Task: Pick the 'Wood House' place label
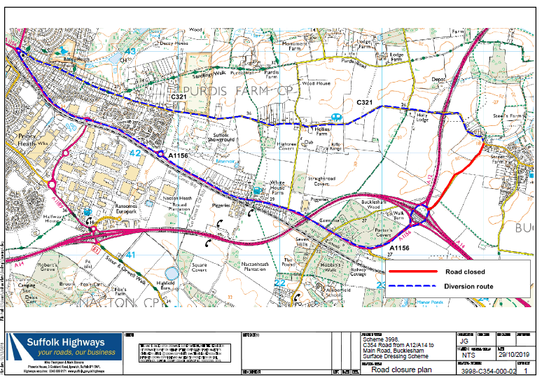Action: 315,83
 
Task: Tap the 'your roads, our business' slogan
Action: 76,352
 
